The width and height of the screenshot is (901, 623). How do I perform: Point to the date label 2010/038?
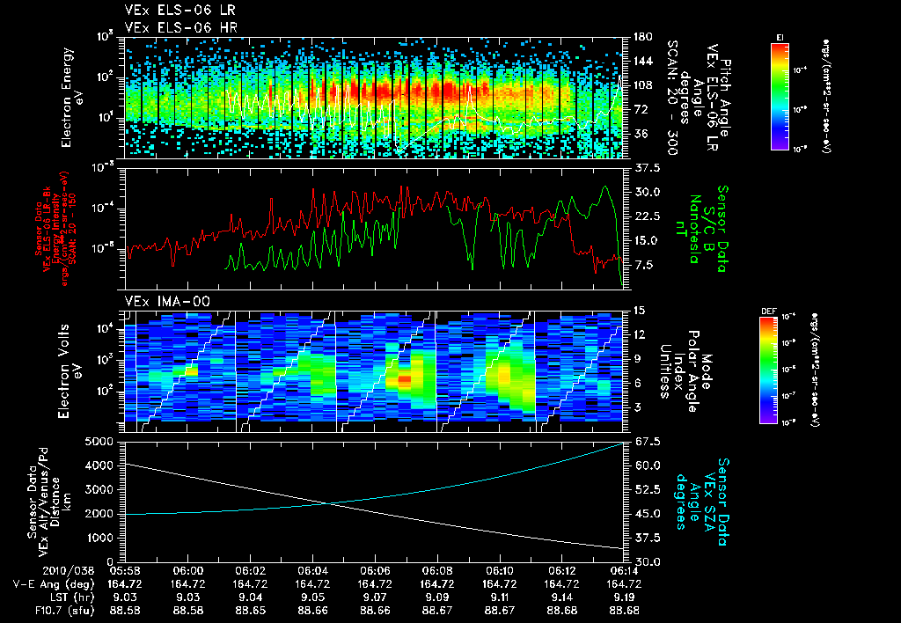tap(36, 570)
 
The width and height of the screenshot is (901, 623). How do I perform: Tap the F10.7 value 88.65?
tap(250, 610)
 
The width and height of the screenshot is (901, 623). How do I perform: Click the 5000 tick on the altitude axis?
tap(99, 441)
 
